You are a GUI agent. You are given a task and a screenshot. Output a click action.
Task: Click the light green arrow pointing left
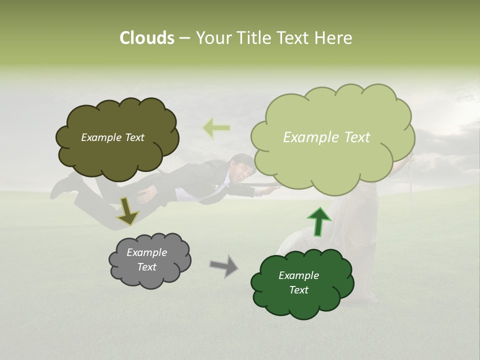tap(216, 128)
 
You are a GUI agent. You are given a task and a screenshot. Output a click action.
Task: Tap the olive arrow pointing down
tap(127, 210)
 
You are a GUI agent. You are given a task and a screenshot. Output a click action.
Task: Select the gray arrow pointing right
tap(224, 265)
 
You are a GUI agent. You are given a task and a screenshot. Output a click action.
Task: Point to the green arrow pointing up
tap(319, 221)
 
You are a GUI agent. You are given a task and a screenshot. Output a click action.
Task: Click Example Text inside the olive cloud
tap(112, 137)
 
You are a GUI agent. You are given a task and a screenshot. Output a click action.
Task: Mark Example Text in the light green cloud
tap(326, 137)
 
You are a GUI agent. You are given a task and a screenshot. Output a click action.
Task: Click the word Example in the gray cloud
tap(146, 252)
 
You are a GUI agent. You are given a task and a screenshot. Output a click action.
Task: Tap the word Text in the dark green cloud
tap(298, 290)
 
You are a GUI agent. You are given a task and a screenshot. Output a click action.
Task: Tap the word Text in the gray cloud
tap(146, 267)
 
